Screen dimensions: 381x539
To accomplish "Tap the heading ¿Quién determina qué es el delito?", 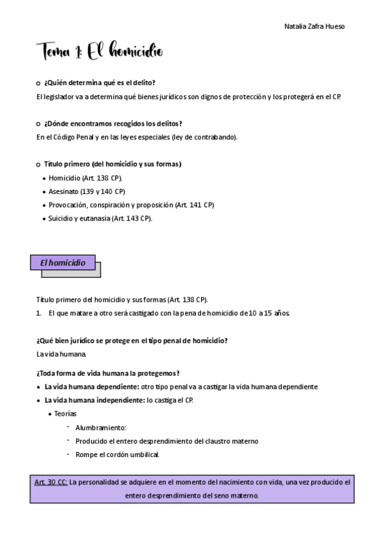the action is point(100,83).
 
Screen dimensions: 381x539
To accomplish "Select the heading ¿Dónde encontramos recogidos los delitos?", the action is point(113,123).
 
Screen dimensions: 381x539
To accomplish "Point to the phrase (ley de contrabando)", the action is point(209,137).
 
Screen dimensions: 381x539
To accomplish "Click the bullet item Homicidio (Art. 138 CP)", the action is point(85,178).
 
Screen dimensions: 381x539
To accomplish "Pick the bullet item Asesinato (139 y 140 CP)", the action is point(87,191).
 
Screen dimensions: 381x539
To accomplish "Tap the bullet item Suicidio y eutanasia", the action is point(100,218).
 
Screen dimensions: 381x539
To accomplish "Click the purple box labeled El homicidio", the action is point(63,263).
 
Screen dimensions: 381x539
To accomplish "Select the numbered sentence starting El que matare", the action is point(169,313).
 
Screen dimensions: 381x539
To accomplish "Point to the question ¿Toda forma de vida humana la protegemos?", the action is point(107,372).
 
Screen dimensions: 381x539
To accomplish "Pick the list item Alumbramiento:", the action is point(100,427).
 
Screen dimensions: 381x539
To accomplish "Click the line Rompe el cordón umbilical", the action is point(117,454).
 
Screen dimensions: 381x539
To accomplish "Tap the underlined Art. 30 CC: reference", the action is point(51,482).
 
